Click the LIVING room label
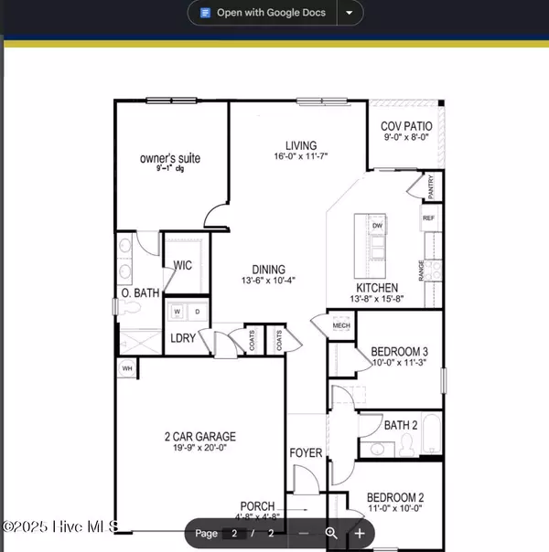click(300, 145)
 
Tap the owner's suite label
click(170, 159)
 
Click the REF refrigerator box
click(428, 219)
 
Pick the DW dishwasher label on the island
click(377, 226)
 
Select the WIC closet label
click(183, 266)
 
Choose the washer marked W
click(177, 312)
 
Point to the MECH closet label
click(340, 325)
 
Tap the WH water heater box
click(126, 368)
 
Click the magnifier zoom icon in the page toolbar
click(332, 533)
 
